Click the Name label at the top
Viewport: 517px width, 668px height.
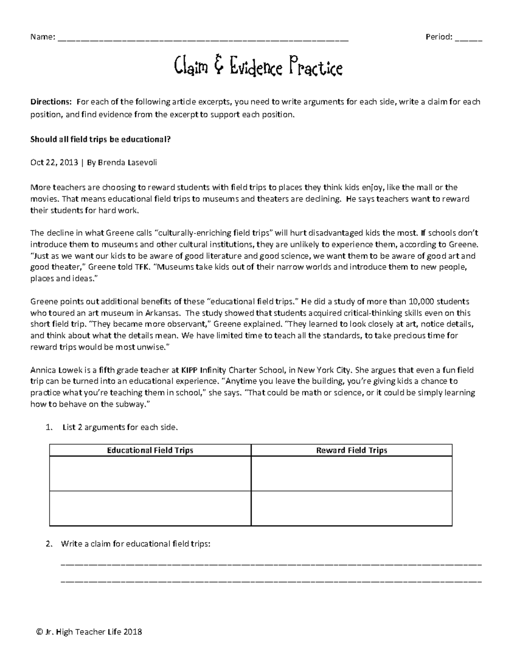click(42, 37)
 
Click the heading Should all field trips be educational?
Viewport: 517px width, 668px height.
click(100, 139)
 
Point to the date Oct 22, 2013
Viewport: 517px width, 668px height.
click(54, 162)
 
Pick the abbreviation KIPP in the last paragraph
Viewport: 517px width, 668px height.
click(190, 369)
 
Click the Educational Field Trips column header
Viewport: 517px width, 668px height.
click(150, 450)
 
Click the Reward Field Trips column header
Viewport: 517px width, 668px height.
click(352, 450)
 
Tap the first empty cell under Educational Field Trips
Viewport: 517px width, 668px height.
click(150, 473)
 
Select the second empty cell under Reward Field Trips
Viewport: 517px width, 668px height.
click(352, 508)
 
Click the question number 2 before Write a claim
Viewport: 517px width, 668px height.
click(48, 544)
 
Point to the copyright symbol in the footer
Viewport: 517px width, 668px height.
click(40, 632)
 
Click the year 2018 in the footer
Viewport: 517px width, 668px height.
click(133, 632)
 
